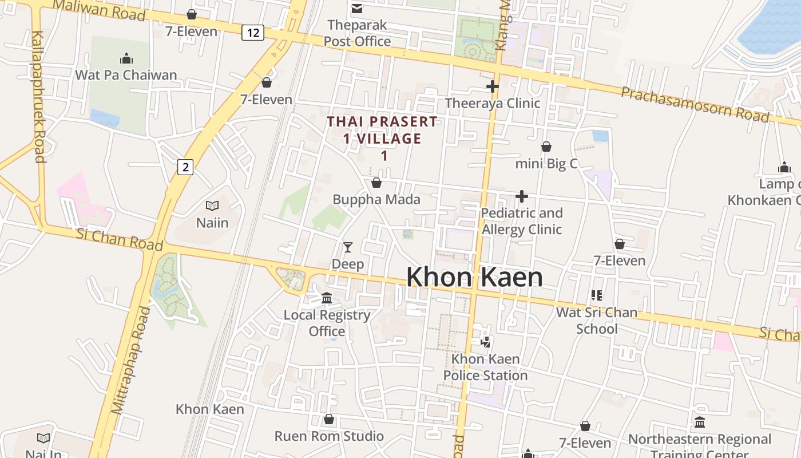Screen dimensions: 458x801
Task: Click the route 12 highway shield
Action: [252, 33]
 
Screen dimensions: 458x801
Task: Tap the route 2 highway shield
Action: [185, 167]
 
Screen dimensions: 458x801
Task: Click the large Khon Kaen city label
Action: [474, 278]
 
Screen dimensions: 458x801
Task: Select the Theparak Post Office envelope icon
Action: [357, 8]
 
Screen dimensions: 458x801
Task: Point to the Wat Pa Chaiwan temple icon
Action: [126, 58]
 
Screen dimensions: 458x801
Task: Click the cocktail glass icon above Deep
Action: [347, 247]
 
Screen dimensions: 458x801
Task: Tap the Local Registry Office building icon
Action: [327, 298]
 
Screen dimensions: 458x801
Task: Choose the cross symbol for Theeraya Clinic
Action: [492, 86]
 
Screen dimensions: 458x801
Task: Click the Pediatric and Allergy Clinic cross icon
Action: [521, 196]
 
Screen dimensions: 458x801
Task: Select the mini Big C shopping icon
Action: [546, 147]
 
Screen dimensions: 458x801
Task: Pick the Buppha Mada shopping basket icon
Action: [376, 183]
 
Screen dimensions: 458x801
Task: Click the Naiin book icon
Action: [212, 206]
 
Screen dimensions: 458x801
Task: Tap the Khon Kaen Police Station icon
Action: [485, 342]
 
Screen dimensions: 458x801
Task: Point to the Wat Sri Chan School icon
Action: [597, 295]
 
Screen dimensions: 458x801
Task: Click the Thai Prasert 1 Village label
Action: [382, 138]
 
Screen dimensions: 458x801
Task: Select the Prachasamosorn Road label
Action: [695, 104]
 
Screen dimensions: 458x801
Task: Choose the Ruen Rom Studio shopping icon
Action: [329, 420]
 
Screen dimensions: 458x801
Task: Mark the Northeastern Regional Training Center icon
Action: [700, 423]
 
